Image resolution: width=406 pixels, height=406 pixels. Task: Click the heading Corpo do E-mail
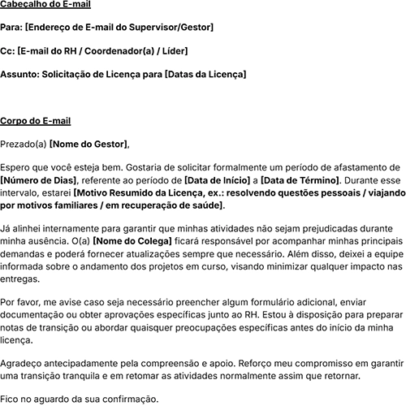tap(36, 121)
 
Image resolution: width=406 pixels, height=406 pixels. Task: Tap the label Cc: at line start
tap(7, 51)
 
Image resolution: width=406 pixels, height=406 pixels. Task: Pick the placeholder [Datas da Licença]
tap(205, 74)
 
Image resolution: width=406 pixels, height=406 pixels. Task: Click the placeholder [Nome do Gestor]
tap(89, 145)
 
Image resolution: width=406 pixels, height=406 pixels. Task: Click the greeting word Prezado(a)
tap(24, 145)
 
